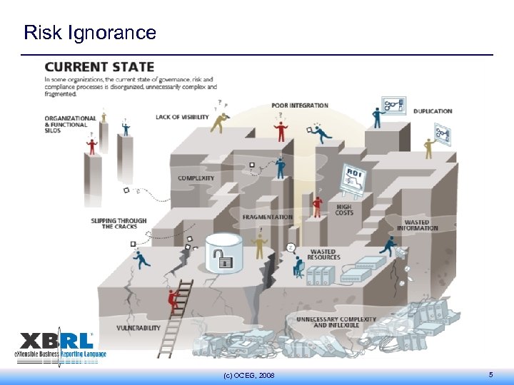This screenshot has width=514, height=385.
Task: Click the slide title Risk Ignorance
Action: [89, 32]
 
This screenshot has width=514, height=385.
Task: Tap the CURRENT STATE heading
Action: [99, 68]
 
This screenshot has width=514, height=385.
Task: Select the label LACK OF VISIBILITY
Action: [182, 117]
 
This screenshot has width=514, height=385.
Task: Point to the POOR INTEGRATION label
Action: [300, 106]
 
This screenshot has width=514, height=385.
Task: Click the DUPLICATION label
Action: [433, 111]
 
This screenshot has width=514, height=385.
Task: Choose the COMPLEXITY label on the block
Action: [196, 178]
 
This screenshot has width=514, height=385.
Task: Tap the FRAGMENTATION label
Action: [267, 217]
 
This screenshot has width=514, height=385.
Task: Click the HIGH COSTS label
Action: [344, 210]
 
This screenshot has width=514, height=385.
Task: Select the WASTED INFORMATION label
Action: [417, 225]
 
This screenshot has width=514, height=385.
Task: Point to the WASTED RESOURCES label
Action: [323, 255]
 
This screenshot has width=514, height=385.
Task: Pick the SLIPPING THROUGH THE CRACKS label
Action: [119, 223]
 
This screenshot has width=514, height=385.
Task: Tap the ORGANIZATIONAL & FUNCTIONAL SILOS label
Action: [70, 124]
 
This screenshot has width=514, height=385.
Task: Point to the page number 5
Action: [490, 375]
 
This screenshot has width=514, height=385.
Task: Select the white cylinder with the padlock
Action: [225, 253]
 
